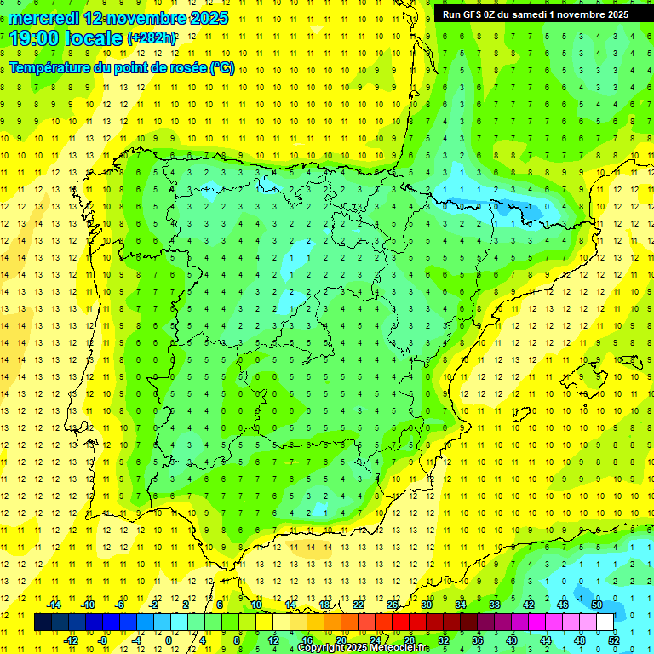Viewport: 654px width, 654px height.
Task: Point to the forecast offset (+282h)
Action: (152, 38)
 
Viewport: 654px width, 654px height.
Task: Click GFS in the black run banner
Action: (476, 14)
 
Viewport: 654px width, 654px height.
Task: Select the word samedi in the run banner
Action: (539, 14)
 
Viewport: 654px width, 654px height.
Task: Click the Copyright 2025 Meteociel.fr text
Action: (364, 648)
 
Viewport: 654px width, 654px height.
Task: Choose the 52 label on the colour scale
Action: (613, 640)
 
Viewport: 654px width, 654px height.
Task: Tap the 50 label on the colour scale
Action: (596, 605)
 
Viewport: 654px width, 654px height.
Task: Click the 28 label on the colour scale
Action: (409, 640)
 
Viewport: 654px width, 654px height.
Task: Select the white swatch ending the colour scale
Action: (605, 622)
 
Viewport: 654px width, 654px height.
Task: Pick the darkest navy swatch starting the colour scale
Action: (43, 622)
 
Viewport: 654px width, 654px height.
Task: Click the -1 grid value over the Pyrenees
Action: (529, 206)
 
